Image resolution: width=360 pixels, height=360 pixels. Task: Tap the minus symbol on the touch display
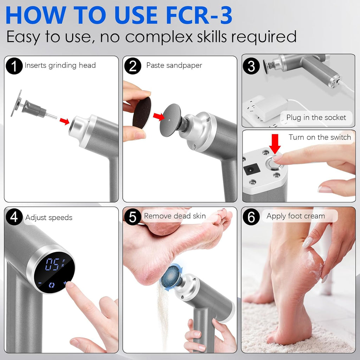click(x=40, y=283)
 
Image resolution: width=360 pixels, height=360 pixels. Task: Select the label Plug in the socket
click(x=316, y=117)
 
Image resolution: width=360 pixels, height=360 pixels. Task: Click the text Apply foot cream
click(x=295, y=216)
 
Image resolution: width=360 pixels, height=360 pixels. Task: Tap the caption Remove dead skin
click(x=175, y=216)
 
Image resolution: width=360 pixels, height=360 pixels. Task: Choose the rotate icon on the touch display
click(x=52, y=284)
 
